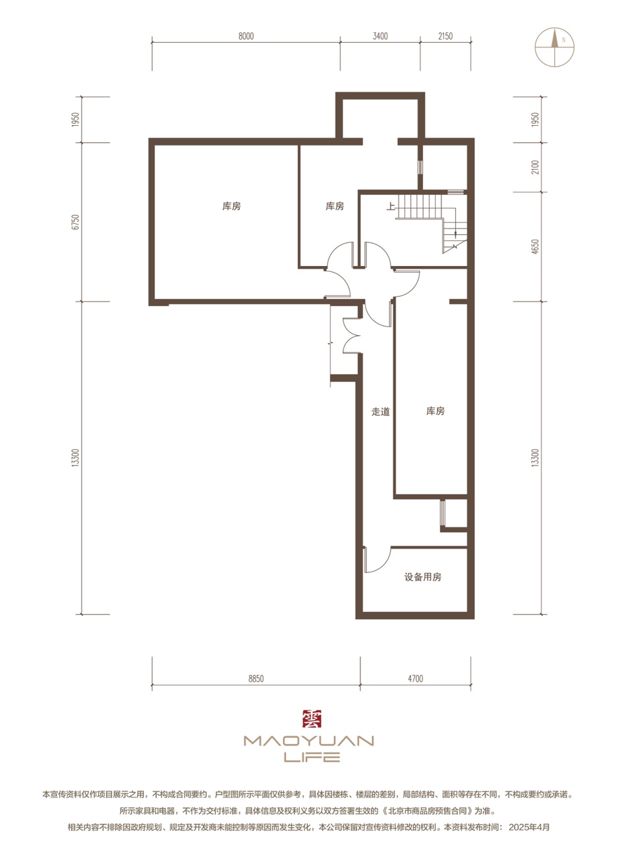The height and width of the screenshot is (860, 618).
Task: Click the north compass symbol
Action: tap(555, 47)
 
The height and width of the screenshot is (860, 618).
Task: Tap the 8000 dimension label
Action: tap(246, 36)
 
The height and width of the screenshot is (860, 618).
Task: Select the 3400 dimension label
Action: tap(380, 36)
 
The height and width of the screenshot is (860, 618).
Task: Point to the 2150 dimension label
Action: tap(445, 36)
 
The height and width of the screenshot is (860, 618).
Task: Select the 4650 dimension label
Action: tap(535, 246)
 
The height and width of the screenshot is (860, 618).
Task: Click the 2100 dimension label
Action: tap(535, 167)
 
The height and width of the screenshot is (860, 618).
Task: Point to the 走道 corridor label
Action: tap(380, 412)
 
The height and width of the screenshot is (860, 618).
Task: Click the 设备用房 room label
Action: tap(422, 577)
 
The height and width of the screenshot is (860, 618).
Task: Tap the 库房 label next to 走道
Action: tap(435, 411)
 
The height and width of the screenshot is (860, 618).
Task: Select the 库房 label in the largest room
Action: tap(231, 206)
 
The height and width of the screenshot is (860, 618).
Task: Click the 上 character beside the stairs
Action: tap(390, 207)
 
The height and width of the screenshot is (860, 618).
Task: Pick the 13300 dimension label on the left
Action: tap(76, 457)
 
